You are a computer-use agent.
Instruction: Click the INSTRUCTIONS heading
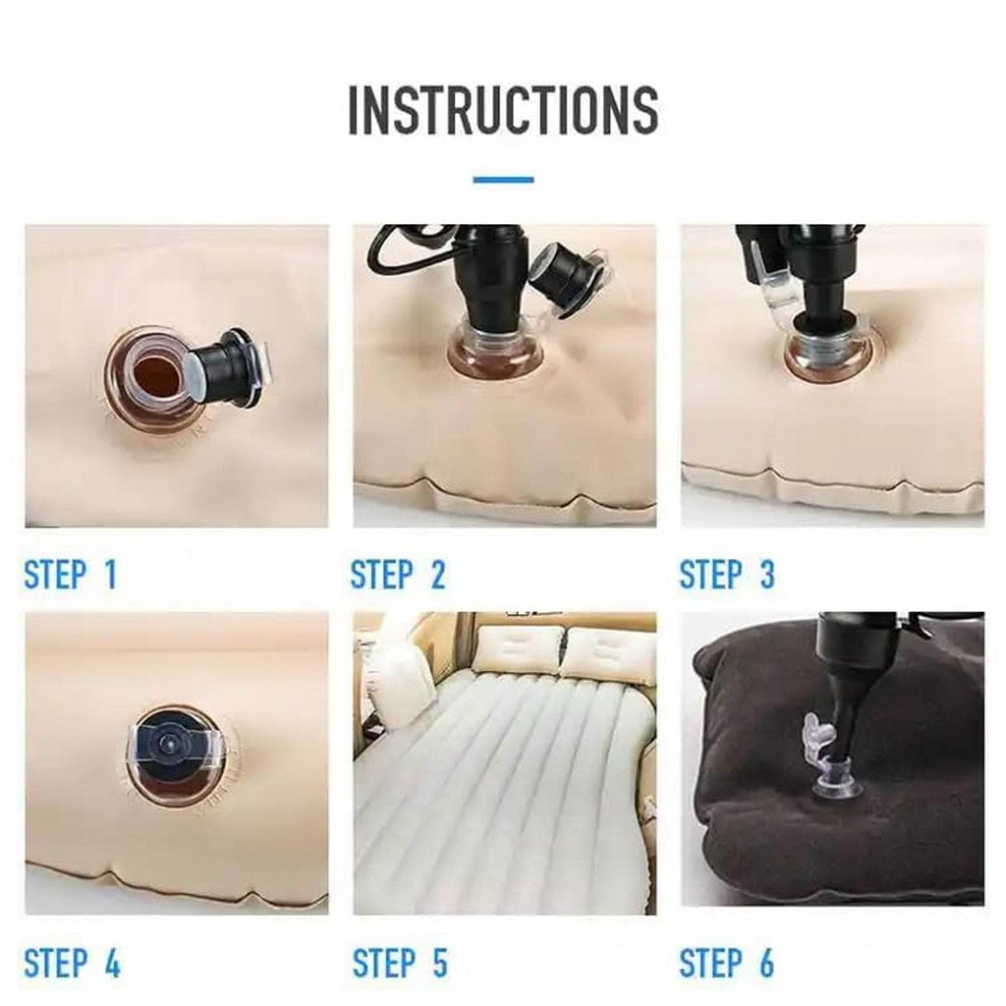pos(503,110)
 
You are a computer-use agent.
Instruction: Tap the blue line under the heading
pos(503,180)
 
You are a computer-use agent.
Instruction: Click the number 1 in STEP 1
pos(109,575)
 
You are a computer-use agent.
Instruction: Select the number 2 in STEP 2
pos(436,575)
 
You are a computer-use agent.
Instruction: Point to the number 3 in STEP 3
pos(766,575)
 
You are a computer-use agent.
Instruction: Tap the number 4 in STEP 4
pos(111,963)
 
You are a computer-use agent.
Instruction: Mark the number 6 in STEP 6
pos(765,963)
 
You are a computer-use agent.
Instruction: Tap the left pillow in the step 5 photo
pos(518,648)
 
